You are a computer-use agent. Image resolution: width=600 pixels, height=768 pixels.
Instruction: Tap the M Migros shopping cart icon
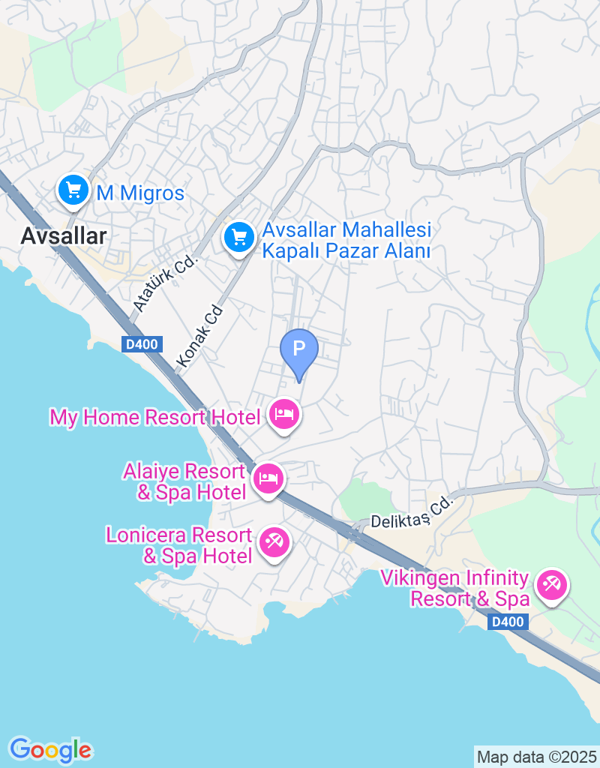tap(73, 190)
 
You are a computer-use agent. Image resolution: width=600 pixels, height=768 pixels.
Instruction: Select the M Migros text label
tap(140, 193)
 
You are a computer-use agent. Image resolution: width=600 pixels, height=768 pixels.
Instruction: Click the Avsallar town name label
tap(63, 235)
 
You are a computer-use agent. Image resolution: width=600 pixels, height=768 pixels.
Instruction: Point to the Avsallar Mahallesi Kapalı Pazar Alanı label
tap(346, 240)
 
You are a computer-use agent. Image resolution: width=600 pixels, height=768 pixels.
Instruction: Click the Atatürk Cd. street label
tap(164, 283)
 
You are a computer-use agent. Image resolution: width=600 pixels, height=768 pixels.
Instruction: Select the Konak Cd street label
tap(200, 336)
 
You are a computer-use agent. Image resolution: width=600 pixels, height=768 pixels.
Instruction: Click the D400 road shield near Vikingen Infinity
tap(510, 622)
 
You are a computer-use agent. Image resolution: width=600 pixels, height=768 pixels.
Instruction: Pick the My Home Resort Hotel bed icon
tap(283, 413)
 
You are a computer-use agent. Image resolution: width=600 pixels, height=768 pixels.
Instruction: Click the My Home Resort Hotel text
tap(154, 417)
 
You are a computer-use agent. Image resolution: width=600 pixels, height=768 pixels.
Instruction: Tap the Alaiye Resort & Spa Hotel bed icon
tap(268, 478)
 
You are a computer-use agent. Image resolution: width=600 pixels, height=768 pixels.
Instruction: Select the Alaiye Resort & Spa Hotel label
tap(184, 482)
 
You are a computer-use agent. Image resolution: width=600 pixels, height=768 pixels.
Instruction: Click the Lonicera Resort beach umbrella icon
tap(273, 542)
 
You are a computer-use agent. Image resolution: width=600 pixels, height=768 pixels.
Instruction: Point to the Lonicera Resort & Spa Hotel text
tap(179, 546)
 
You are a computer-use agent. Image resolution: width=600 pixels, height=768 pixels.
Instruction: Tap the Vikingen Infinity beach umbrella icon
tap(552, 584)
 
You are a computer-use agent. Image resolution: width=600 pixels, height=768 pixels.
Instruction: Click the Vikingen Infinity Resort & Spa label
tap(455, 589)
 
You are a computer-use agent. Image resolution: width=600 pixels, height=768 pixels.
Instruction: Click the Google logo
tap(50, 749)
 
